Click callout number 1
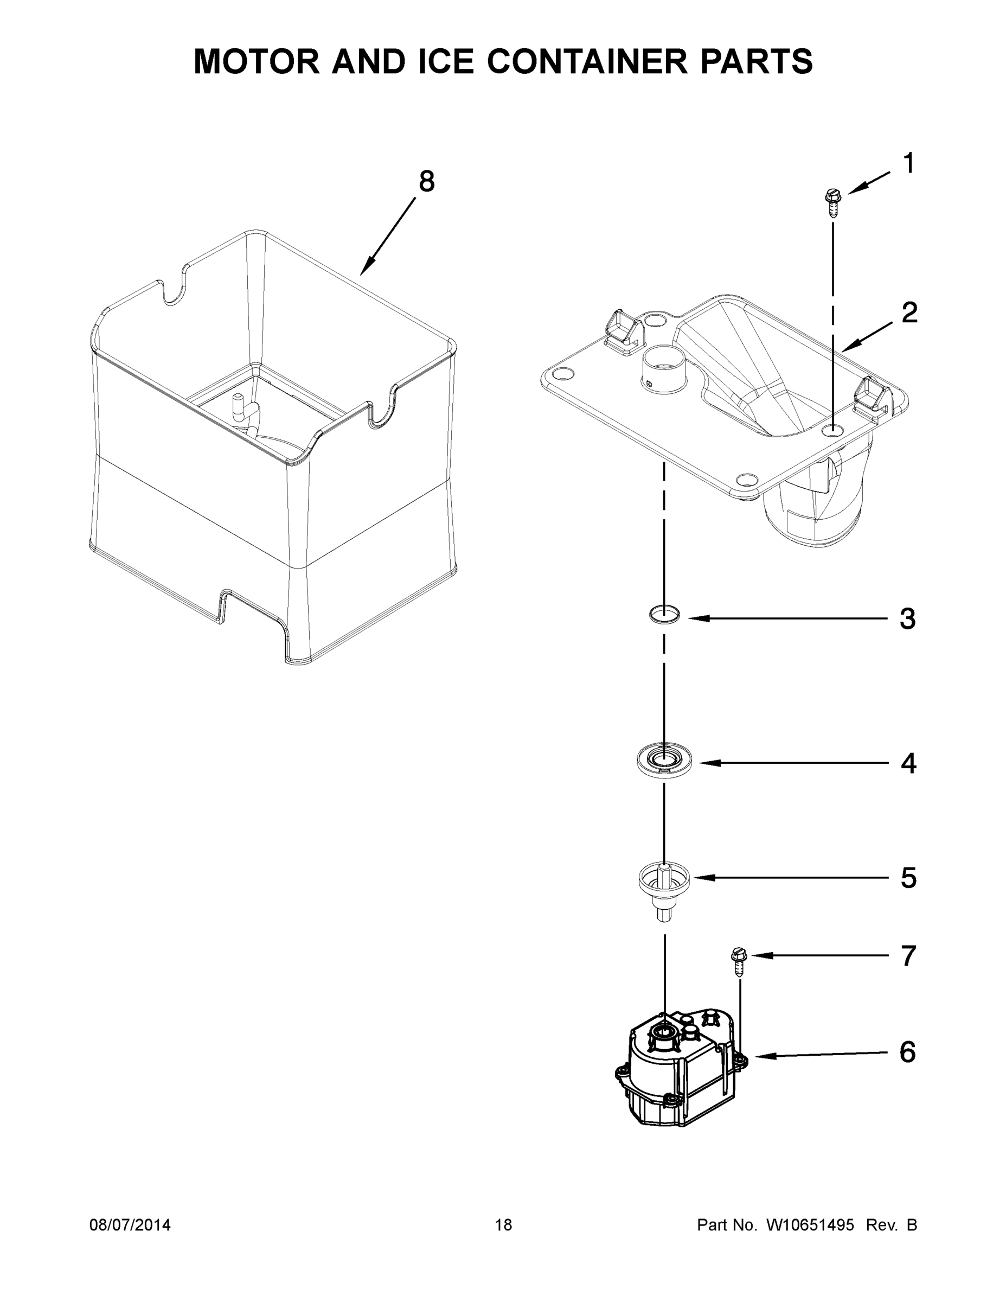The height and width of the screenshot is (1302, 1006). coord(908,163)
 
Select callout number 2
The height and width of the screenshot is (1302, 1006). coord(909,312)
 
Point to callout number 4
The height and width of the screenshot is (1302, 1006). coord(908,763)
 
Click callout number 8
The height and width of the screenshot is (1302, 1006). coord(427,181)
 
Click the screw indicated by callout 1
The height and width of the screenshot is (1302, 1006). coord(832,203)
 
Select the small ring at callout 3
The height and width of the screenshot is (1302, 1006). coord(664,614)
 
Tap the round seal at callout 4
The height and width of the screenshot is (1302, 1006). coord(664,760)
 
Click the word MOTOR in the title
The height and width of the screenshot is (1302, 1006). coord(257,61)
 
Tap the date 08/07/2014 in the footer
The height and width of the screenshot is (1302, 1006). coord(130,1225)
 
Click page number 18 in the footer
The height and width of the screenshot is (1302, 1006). coord(503,1225)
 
